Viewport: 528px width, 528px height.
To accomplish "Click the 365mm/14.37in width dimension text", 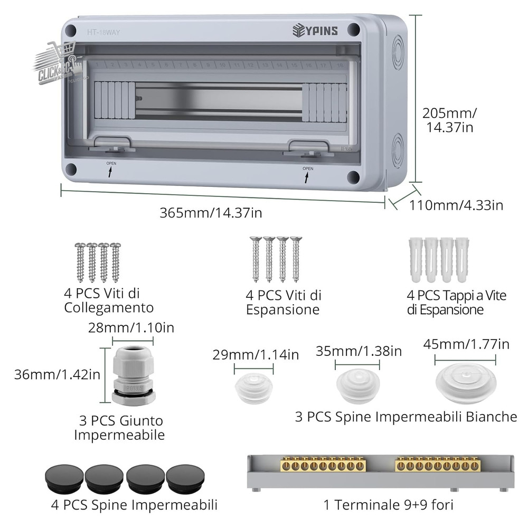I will [211, 213].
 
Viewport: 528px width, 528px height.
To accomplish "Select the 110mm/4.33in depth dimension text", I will [456, 205].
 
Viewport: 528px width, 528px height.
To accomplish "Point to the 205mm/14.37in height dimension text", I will [449, 120].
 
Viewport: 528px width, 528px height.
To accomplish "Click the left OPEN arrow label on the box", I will [111, 169].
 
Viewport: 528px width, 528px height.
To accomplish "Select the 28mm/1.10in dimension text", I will [130, 327].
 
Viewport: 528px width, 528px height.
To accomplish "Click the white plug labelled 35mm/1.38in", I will [357, 385].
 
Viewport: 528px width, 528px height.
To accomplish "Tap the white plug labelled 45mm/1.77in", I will [465, 383].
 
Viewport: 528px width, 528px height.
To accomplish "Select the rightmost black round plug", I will [185, 479].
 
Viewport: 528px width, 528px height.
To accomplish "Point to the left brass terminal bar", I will [323, 465].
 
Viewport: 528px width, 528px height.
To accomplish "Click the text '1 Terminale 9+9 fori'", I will [388, 505].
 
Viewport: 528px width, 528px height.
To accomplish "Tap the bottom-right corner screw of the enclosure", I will [354, 177].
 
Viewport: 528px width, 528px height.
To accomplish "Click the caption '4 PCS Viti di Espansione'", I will [284, 302].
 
